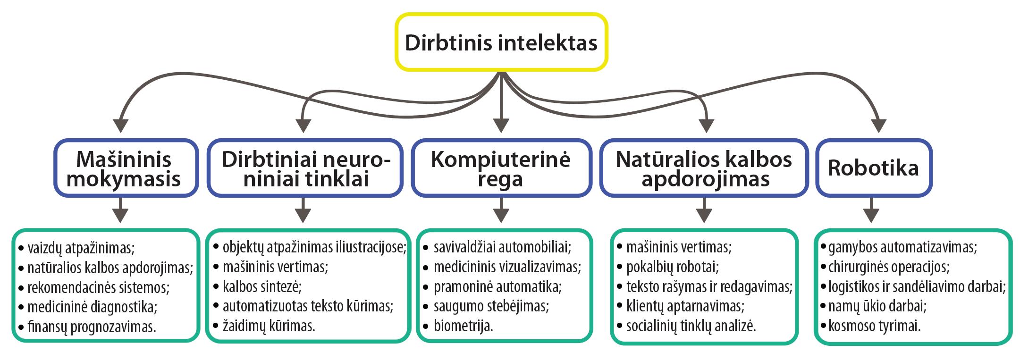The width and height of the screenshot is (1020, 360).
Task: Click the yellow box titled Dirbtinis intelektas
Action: [x=501, y=42]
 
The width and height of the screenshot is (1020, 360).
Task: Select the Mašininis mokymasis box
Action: [x=124, y=168]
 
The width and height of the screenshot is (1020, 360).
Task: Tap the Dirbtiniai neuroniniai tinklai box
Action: [x=306, y=168]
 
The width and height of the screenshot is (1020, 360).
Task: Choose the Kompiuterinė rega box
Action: [x=501, y=168]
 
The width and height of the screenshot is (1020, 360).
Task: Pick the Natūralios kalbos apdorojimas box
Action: [x=704, y=168]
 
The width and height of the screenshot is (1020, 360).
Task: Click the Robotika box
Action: [x=873, y=168]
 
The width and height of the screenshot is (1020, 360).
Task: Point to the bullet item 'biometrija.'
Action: [x=463, y=326]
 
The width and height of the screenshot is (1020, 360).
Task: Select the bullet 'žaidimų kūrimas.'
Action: [x=269, y=326]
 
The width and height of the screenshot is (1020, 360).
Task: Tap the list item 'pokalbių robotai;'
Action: [x=672, y=267]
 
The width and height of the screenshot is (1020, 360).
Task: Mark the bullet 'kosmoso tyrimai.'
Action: [x=874, y=326]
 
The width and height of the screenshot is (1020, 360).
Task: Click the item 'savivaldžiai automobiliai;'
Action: [x=502, y=247]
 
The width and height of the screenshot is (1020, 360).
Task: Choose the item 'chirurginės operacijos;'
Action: [x=889, y=267]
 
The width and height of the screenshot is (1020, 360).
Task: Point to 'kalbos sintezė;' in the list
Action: [x=262, y=286]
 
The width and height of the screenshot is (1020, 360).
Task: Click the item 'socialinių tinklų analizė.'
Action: [x=691, y=326]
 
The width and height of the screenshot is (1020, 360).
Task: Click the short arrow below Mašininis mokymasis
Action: [x=121, y=209]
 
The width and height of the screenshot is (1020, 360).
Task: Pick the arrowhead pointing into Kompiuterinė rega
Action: [x=501, y=125]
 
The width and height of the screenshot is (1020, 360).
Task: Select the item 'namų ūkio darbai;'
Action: [x=877, y=306]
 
